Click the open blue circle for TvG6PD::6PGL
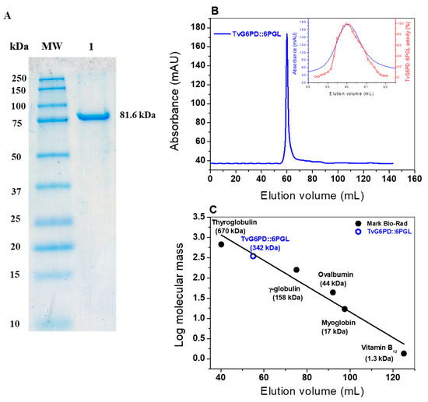coord(253,256)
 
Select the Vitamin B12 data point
coord(403,353)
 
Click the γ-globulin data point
coord(296,270)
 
